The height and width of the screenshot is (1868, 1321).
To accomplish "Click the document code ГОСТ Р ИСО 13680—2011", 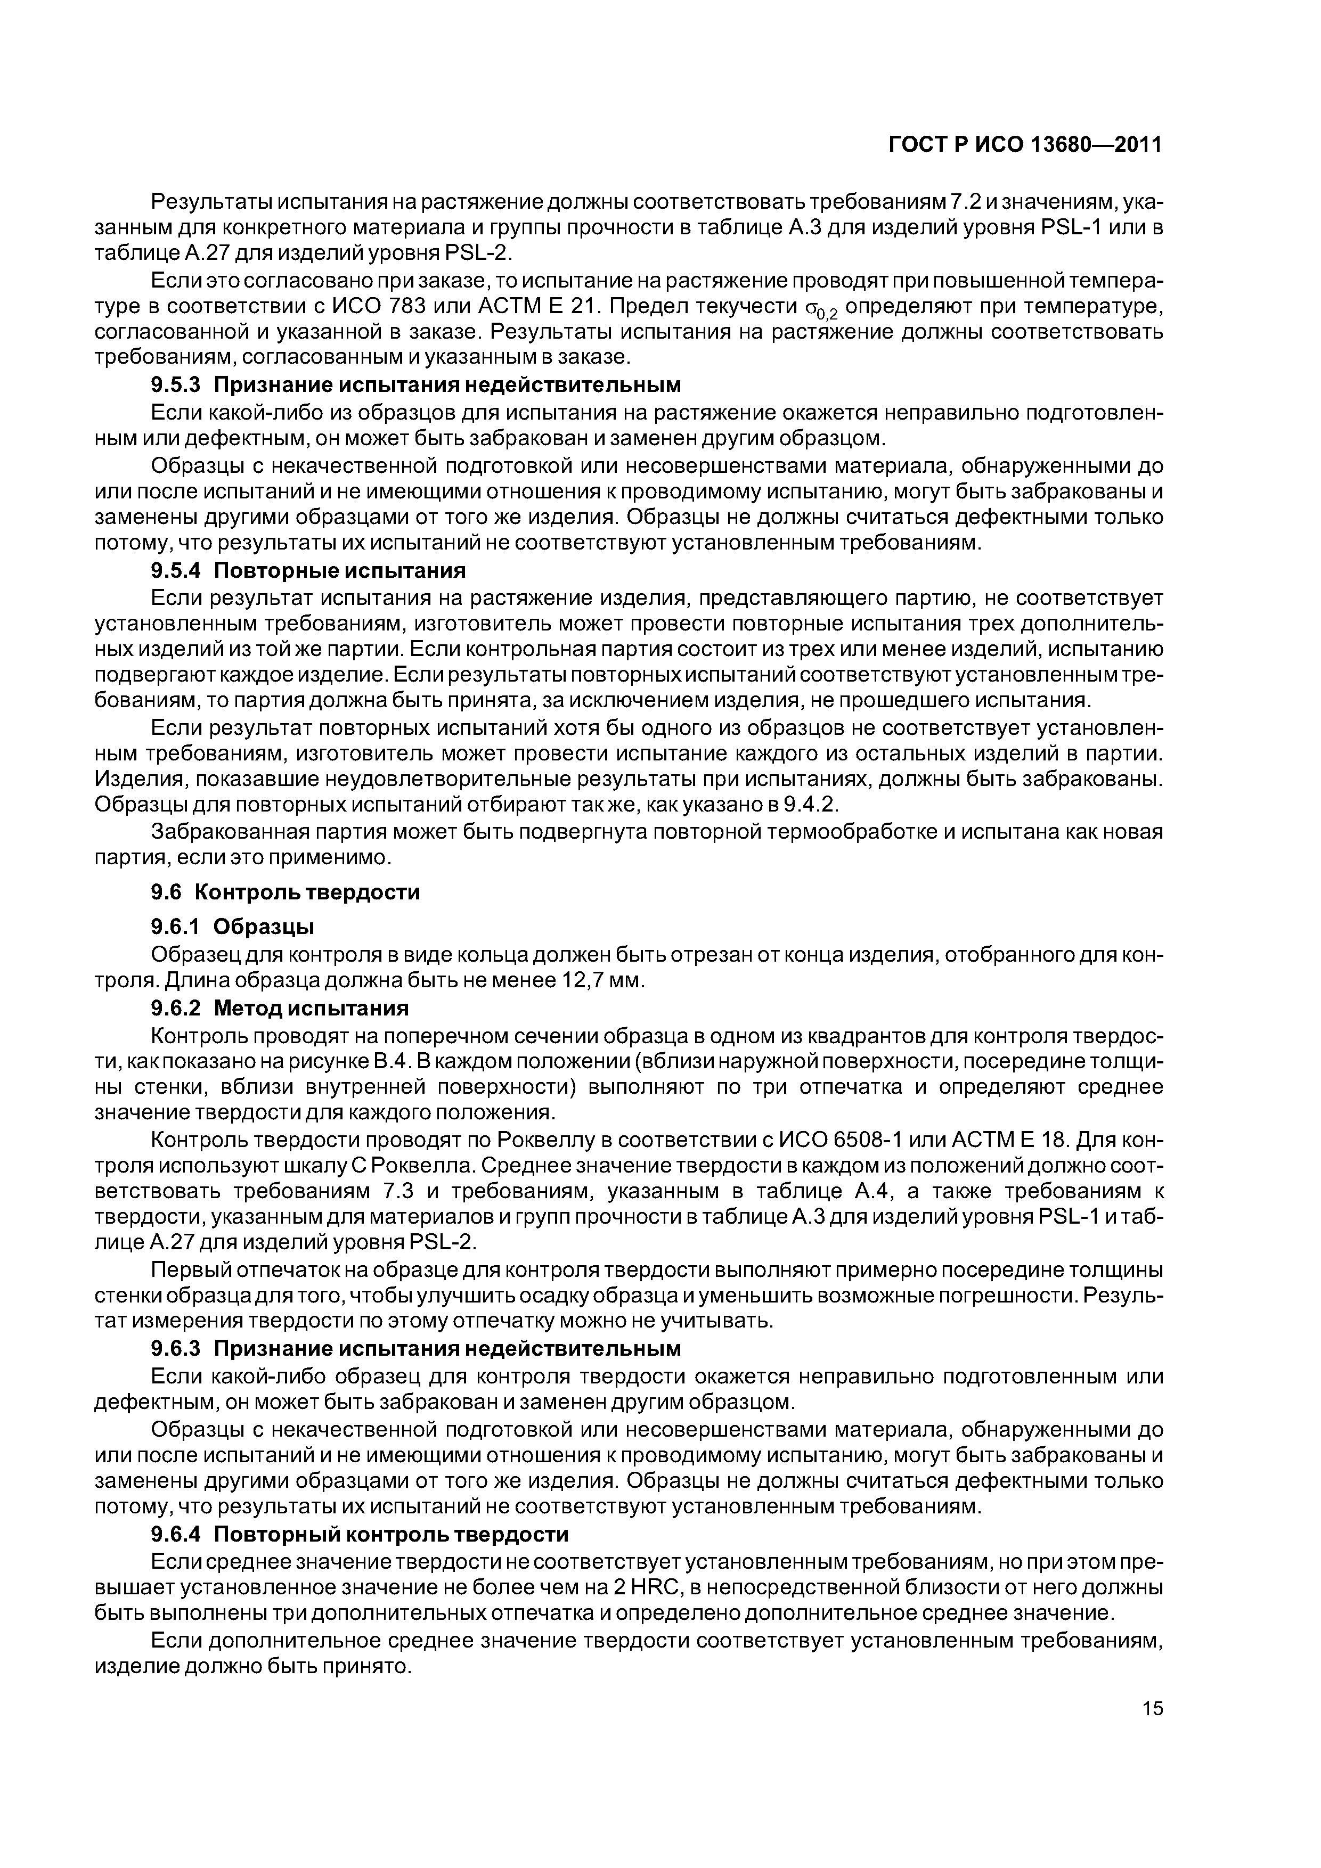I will pos(1023,145).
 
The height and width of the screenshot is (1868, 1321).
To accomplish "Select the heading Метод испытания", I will pos(311,1009).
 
